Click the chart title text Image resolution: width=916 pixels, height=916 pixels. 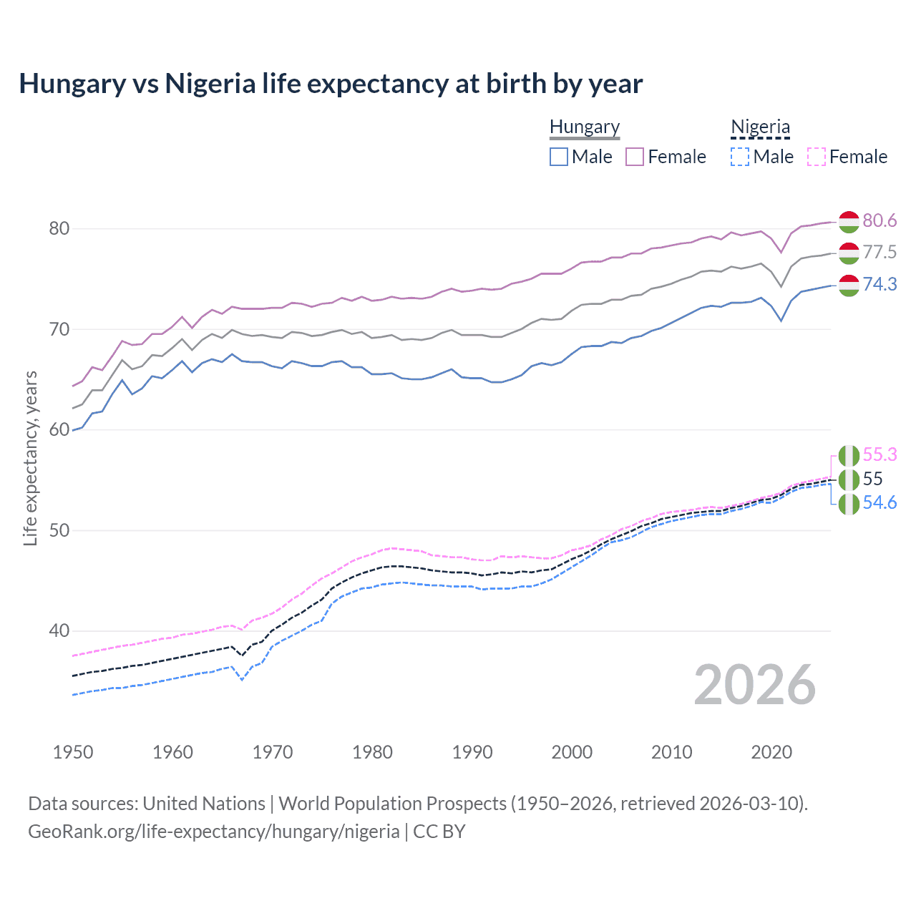(x=331, y=84)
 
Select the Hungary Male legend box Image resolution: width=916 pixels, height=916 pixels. (x=559, y=157)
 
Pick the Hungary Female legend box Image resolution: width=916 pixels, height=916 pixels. (x=635, y=157)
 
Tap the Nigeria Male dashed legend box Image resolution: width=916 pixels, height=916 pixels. (x=740, y=157)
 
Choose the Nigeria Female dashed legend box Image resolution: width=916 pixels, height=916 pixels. (x=817, y=157)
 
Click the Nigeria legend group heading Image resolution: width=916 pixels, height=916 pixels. (x=760, y=127)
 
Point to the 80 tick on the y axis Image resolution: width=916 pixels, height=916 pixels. (x=59, y=229)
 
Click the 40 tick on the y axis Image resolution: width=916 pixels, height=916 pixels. (x=59, y=631)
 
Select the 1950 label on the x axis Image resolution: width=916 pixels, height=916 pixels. (x=73, y=752)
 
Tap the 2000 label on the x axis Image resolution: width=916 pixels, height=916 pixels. (x=572, y=752)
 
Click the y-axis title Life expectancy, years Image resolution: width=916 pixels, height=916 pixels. (x=31, y=458)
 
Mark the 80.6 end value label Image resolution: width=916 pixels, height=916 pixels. (x=880, y=220)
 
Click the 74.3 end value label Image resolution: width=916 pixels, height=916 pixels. (x=880, y=285)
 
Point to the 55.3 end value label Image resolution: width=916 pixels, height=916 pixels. (x=880, y=455)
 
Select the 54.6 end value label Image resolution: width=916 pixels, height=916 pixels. (x=880, y=503)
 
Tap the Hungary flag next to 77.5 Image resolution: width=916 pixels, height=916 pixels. (x=849, y=253)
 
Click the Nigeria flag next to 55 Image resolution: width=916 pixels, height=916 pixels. (x=849, y=479)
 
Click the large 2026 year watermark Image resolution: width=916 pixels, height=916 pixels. (x=755, y=685)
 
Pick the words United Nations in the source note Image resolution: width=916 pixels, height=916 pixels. (x=204, y=804)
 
